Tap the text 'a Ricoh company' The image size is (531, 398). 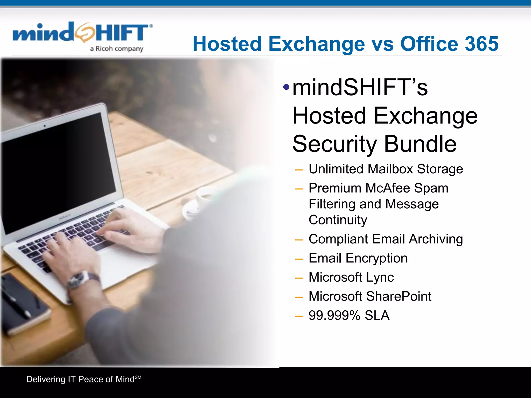(116, 49)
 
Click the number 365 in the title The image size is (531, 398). (481, 44)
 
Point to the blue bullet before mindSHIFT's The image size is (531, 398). (286, 87)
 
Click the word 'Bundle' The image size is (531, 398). (420, 144)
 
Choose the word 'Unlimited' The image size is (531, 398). (336, 169)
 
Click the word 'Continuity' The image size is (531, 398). (338, 220)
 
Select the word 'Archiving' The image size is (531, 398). (436, 239)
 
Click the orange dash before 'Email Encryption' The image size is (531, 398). (299, 259)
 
